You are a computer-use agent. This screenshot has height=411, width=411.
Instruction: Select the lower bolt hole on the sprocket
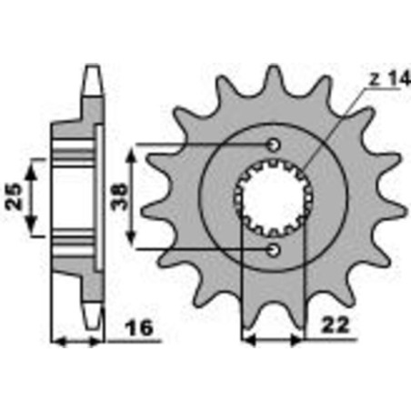[275, 248]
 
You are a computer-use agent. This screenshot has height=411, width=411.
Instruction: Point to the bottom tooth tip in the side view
[91, 318]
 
